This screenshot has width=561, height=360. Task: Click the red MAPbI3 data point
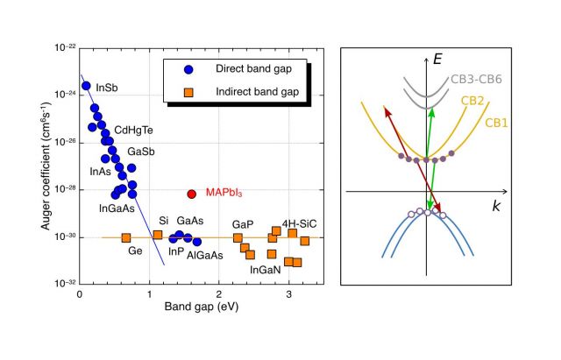point(191,194)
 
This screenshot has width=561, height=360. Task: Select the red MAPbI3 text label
point(224,193)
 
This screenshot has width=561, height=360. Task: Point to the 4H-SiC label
point(298,223)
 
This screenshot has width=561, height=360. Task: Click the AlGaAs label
point(204,255)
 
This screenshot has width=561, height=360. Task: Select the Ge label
point(135,251)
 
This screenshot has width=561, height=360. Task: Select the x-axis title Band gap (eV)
point(201,307)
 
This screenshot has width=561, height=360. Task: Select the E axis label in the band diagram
point(437,60)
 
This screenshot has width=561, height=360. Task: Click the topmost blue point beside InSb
point(86,86)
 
